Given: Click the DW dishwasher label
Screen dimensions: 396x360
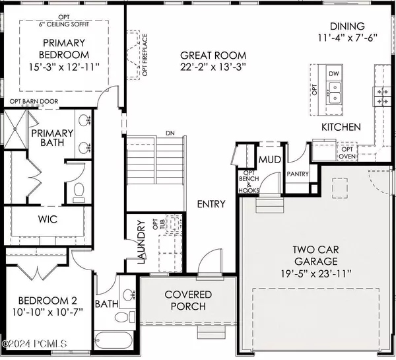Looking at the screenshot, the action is (x=333, y=74).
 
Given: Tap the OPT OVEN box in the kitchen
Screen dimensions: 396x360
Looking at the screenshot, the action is (x=347, y=153).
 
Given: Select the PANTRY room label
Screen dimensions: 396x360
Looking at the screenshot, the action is (x=298, y=174).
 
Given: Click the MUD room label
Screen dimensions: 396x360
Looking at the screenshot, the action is (x=270, y=159).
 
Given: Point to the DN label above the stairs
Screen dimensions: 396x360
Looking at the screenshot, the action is (x=170, y=133).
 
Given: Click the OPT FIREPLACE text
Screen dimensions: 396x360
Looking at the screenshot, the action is (x=145, y=55).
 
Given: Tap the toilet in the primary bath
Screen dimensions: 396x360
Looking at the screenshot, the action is (x=79, y=193).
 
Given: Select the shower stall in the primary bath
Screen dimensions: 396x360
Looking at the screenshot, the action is (x=15, y=129).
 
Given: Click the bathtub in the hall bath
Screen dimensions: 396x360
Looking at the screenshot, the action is (x=114, y=341).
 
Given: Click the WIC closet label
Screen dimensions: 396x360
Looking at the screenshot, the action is (x=48, y=219).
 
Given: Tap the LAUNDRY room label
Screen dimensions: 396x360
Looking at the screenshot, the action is (x=141, y=242).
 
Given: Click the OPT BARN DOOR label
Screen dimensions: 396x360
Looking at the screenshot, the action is (x=34, y=101).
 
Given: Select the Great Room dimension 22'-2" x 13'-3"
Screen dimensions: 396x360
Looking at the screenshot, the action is (x=213, y=67).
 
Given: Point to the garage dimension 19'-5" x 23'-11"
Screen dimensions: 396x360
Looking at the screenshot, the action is (x=316, y=273).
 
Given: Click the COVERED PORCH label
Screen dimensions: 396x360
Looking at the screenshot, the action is (x=188, y=301).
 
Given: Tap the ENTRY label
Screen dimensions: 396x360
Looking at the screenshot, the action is (x=211, y=204).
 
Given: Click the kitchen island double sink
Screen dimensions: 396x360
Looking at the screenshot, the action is (x=334, y=92).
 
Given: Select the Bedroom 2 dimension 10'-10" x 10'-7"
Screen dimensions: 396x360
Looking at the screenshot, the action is (x=48, y=312).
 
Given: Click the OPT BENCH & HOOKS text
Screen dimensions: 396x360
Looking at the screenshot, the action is (x=249, y=182).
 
